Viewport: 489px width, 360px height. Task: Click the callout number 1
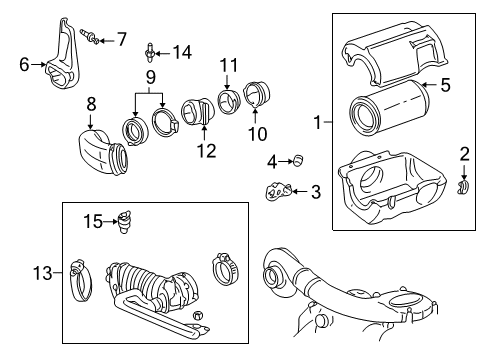[x=317, y=123]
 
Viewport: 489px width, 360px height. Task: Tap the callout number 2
[x=463, y=153]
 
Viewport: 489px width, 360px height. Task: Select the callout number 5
[x=446, y=85]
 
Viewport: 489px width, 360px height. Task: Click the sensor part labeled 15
[x=126, y=220]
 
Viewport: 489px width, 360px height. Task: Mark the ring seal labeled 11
[x=227, y=104]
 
